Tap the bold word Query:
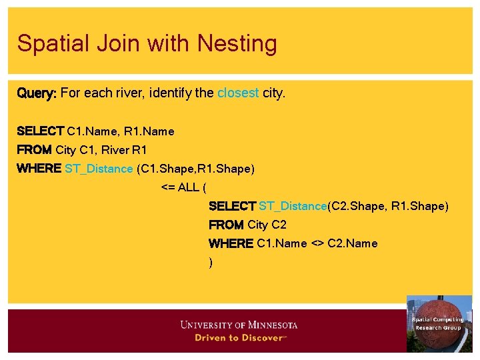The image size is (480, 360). point(37,93)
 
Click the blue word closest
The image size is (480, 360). point(238,93)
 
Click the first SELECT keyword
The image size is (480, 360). point(40,131)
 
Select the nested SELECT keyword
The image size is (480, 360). point(232,206)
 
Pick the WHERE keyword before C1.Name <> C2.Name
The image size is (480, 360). point(231,243)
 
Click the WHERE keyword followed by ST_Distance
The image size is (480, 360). point(39,169)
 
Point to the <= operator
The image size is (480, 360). point(168,187)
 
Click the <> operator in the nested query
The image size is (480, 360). point(317,243)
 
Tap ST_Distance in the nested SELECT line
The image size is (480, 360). point(293,206)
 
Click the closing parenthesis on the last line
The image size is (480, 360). point(211,263)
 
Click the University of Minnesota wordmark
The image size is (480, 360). point(239,325)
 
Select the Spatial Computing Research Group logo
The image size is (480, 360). point(439,323)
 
